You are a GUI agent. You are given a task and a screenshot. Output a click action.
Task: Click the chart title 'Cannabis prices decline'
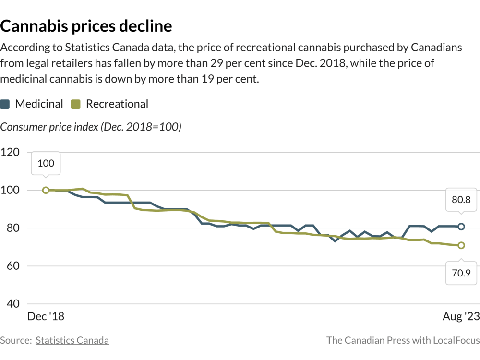coord(86,25)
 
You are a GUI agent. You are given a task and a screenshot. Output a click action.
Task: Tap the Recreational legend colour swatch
coord(75,104)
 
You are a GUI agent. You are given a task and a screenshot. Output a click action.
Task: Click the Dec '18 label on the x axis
coord(46,317)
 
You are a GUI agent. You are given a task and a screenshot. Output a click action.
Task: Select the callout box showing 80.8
coord(461,199)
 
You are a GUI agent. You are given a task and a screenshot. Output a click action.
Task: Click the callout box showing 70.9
coord(461,274)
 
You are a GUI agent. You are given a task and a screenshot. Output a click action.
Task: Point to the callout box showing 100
coord(46,163)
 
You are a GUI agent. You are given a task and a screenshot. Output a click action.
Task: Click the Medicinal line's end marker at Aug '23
coord(461,227)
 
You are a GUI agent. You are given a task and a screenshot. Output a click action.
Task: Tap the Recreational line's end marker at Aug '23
coord(461,245)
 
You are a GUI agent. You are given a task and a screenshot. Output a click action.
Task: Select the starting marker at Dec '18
coord(46,190)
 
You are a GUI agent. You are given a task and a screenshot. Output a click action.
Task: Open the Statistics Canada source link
coord(72,340)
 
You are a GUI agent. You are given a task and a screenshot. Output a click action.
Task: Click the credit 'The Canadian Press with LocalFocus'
coord(403,340)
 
